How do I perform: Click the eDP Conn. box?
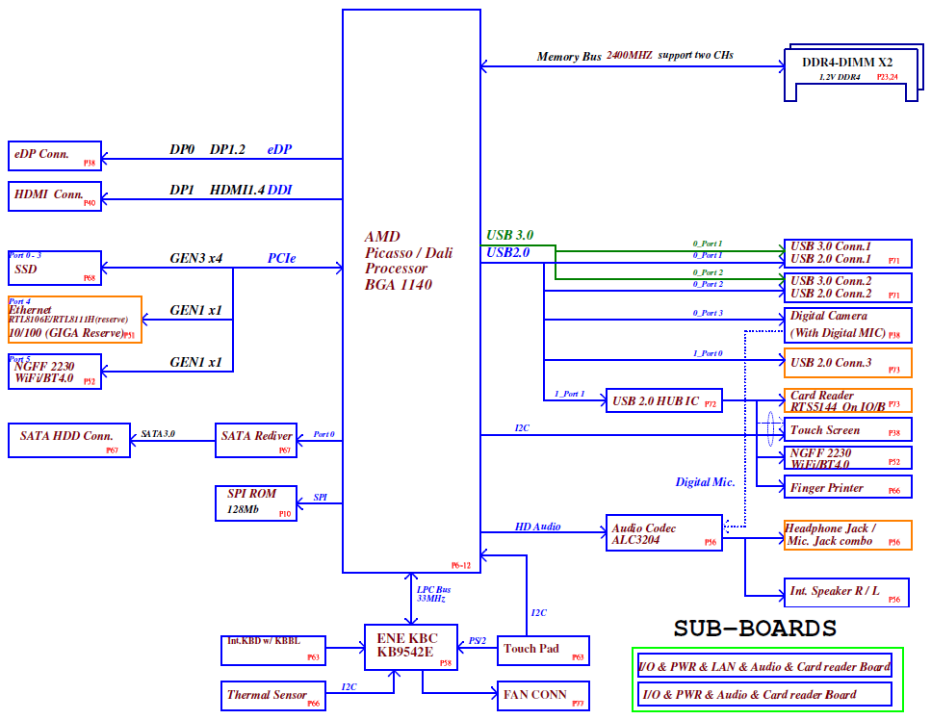click(54, 156)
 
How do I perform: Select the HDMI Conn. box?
click(54, 196)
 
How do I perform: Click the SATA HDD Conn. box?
click(67, 439)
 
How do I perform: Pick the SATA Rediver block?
click(255, 440)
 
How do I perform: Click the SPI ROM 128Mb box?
click(255, 502)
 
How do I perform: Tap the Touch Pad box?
click(542, 652)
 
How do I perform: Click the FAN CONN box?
click(542, 695)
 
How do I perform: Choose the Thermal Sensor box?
click(273, 695)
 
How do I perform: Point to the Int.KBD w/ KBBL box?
click(273, 650)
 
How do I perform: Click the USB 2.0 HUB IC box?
click(662, 399)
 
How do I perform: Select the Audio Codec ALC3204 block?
click(662, 535)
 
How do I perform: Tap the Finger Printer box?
click(847, 487)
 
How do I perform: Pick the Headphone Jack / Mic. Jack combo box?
click(847, 535)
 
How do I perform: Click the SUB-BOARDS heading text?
click(754, 629)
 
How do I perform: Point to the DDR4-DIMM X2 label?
click(846, 63)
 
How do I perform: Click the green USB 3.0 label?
click(509, 235)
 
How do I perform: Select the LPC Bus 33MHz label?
click(432, 594)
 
